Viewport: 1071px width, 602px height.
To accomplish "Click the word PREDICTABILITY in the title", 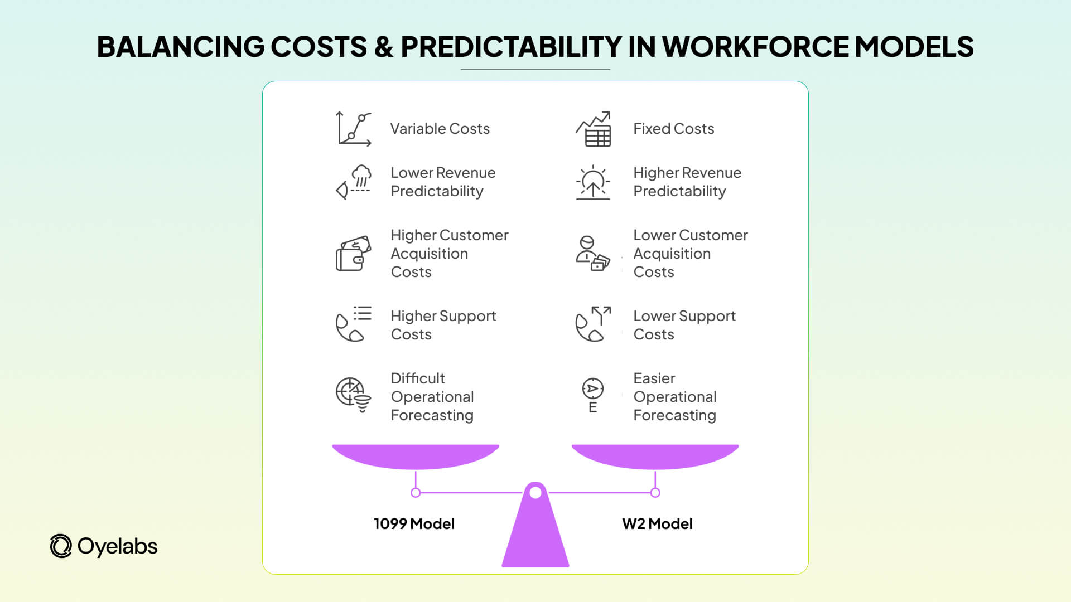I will click(x=510, y=47).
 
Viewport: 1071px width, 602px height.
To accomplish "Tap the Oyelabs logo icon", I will click(x=61, y=546).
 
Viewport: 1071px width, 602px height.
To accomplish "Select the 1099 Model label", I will click(x=414, y=524).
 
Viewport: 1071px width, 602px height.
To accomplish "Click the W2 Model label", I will click(x=657, y=524).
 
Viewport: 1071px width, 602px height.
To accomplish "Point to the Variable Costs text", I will click(x=440, y=129).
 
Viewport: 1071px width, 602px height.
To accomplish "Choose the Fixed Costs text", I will click(x=673, y=129).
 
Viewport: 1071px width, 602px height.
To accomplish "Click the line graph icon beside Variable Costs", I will click(x=354, y=129).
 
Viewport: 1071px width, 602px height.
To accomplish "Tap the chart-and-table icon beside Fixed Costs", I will click(x=594, y=129).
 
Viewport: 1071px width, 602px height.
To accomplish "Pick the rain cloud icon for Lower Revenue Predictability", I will click(x=354, y=182).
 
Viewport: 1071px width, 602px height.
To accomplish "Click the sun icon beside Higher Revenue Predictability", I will click(x=593, y=182).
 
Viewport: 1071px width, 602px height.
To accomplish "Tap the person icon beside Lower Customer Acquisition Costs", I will click(x=592, y=254).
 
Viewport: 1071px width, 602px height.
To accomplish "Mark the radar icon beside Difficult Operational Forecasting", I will click(x=353, y=395).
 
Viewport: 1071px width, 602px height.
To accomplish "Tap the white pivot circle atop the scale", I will click(x=535, y=493).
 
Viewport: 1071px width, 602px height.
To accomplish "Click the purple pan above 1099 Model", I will click(x=416, y=456).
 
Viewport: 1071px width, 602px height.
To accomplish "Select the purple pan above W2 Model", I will click(x=655, y=456).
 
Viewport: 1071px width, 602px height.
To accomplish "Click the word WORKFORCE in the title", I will click(x=755, y=47).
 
